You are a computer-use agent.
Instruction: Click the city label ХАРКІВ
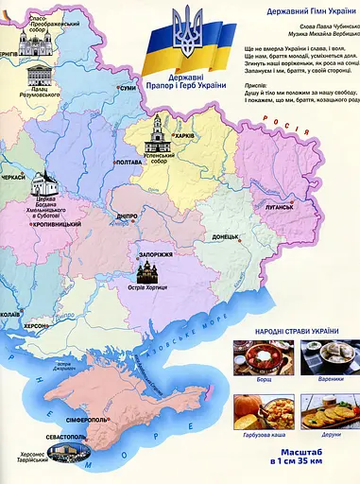tap(185, 134)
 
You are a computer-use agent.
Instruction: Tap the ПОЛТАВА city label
tap(127, 163)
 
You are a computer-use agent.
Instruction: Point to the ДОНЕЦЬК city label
tap(231, 236)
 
